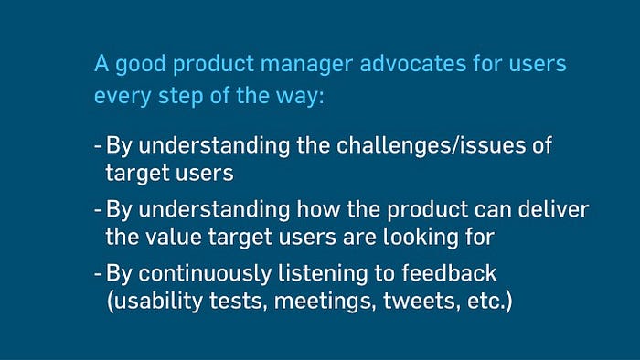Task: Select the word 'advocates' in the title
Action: tap(412, 63)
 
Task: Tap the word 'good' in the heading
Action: tap(141, 65)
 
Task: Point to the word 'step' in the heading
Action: tap(180, 97)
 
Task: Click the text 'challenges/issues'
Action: tap(431, 145)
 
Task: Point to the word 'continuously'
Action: tap(205, 274)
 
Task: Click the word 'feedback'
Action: tap(449, 273)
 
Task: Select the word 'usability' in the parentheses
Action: tap(155, 302)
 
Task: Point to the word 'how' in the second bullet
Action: tap(318, 208)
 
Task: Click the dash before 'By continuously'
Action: tap(98, 273)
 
